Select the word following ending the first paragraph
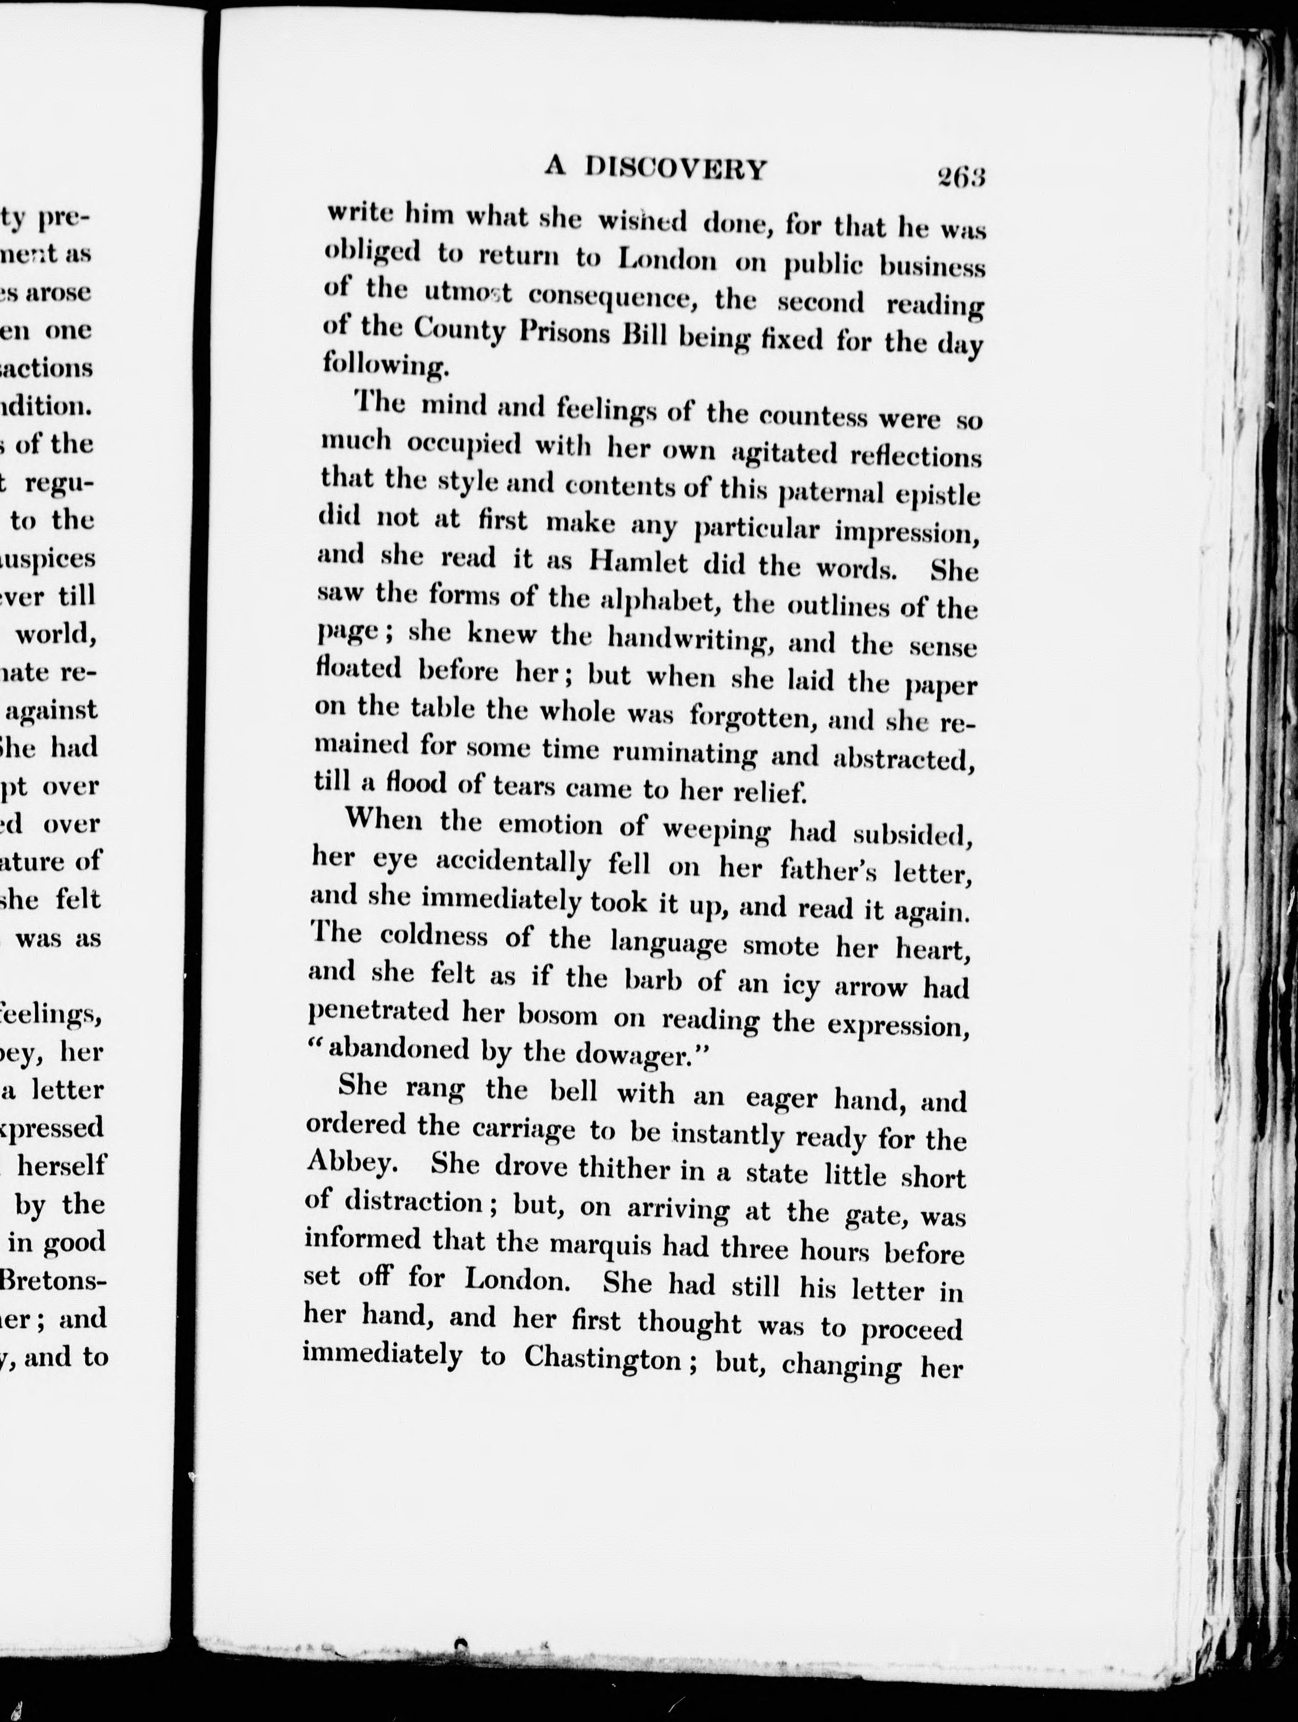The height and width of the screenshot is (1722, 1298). coord(386,365)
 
